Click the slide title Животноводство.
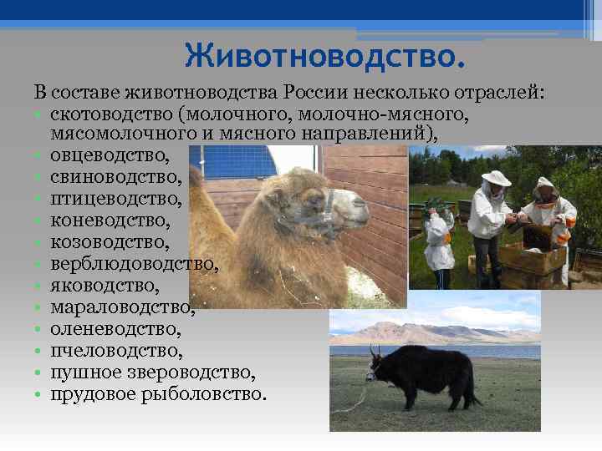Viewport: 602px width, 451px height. tap(324, 57)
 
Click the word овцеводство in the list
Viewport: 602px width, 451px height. tap(109, 155)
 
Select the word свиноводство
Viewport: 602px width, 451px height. tap(115, 177)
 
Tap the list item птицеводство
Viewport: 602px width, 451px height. tap(115, 199)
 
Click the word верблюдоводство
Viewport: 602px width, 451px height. tap(135, 265)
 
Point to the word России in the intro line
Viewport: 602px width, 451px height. tap(317, 90)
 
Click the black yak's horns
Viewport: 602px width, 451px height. tap(376, 352)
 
